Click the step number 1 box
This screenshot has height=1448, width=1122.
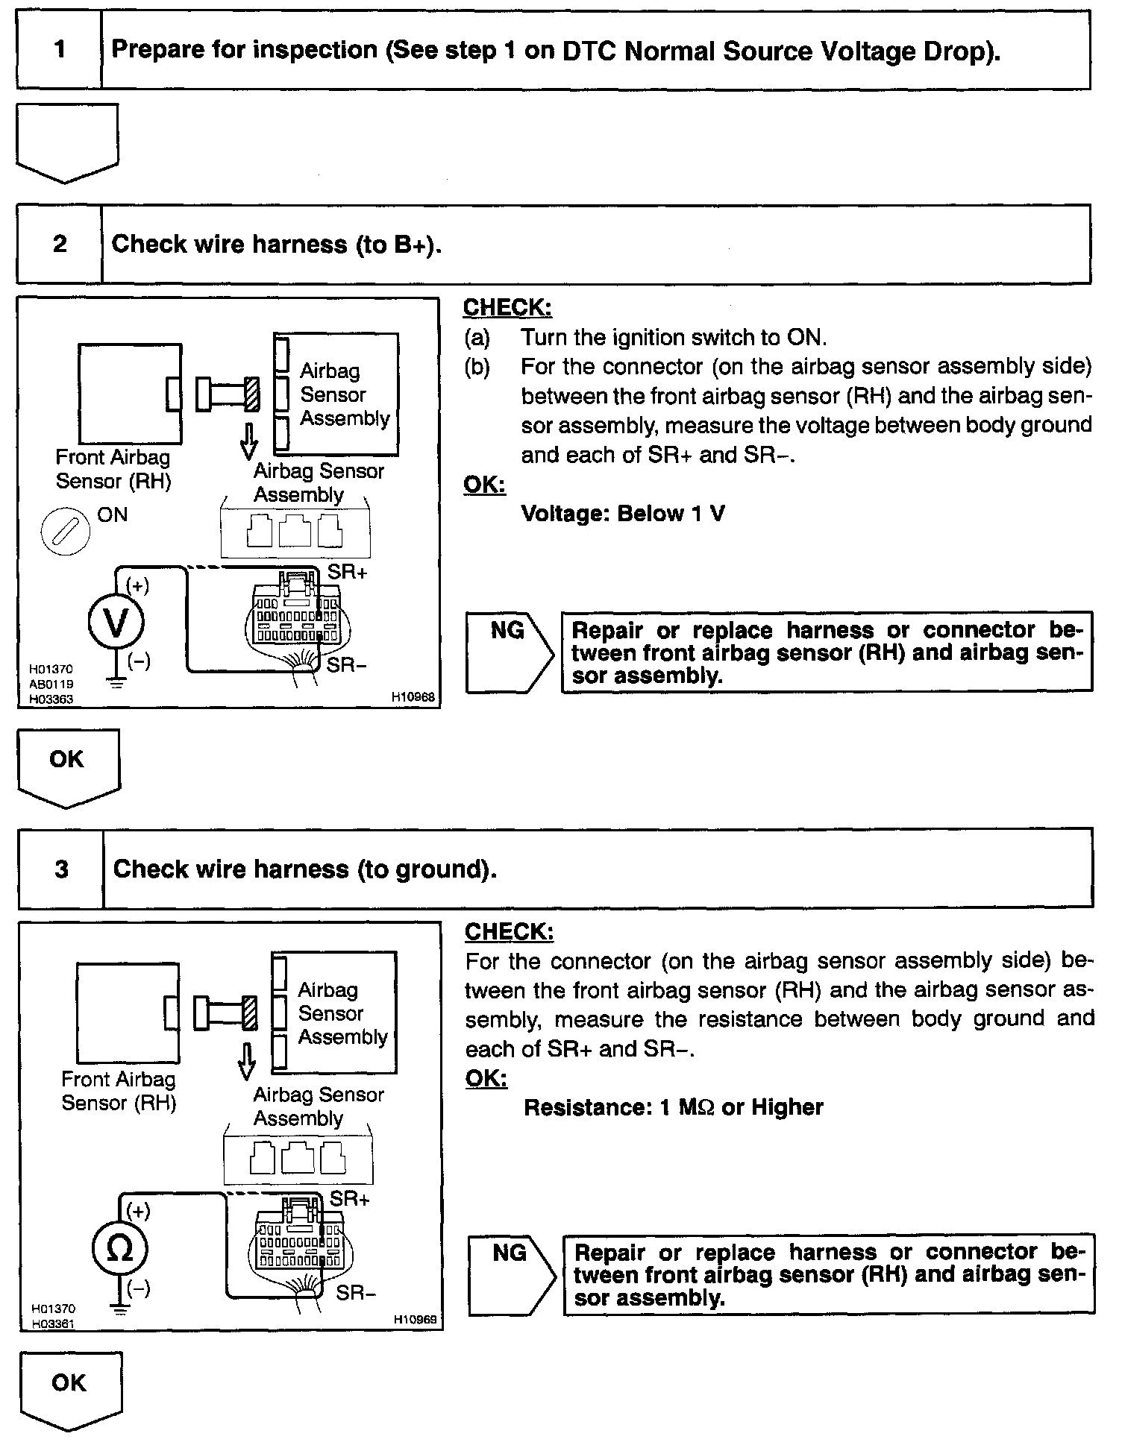pyautogui.click(x=59, y=50)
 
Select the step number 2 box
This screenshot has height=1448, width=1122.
pyautogui.click(x=60, y=244)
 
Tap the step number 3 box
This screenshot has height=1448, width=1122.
pyautogui.click(x=61, y=869)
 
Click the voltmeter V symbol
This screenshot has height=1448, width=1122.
pyautogui.click(x=116, y=623)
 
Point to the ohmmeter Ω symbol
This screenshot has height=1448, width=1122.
pyautogui.click(x=119, y=1248)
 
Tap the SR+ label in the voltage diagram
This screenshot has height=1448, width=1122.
pyautogui.click(x=348, y=573)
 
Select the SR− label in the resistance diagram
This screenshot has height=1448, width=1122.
pyautogui.click(x=356, y=1292)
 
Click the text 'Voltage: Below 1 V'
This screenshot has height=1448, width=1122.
pyautogui.click(x=622, y=514)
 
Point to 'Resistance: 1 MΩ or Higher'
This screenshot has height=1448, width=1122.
pyautogui.click(x=673, y=1107)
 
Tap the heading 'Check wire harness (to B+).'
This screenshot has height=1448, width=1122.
pyautogui.click(x=276, y=245)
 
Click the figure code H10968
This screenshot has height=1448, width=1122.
pyautogui.click(x=413, y=697)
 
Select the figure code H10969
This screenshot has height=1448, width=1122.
pyautogui.click(x=416, y=1320)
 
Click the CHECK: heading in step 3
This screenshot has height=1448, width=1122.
pyautogui.click(x=509, y=932)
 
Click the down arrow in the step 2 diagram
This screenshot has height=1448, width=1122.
pyautogui.click(x=249, y=442)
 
